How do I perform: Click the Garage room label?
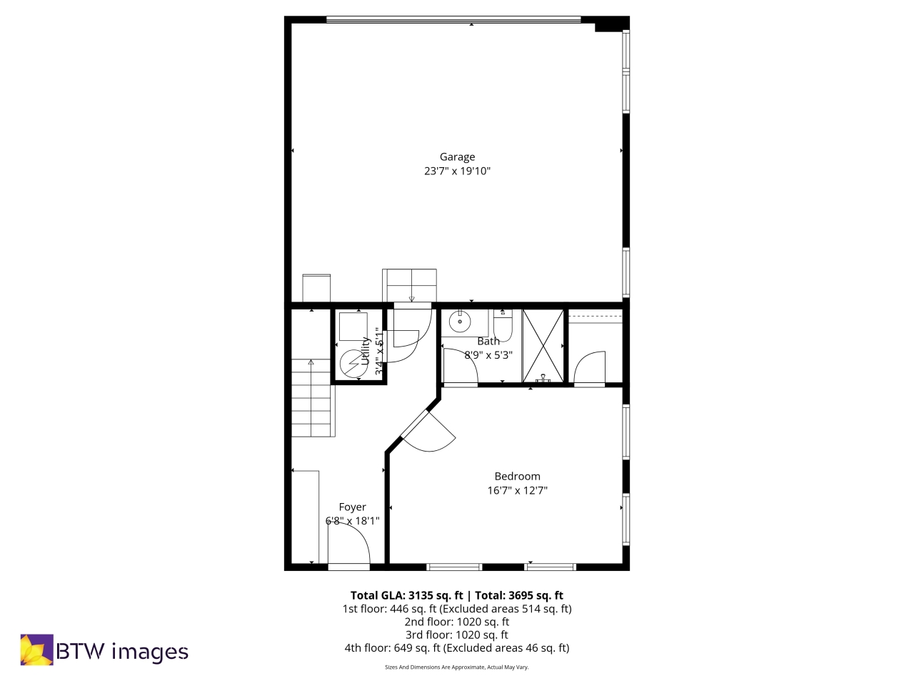click(x=457, y=157)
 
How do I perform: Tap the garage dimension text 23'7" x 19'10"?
click(x=457, y=171)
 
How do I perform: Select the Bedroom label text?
click(x=517, y=477)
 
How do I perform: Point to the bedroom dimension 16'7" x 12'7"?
click(x=517, y=491)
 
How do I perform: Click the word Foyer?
click(x=352, y=507)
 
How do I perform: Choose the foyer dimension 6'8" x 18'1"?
click(x=352, y=521)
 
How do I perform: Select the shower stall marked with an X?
click(x=543, y=346)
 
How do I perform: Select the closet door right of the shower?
click(x=590, y=368)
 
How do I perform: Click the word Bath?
click(x=488, y=342)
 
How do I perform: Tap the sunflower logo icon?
click(x=36, y=650)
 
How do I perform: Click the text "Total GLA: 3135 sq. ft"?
click(x=406, y=595)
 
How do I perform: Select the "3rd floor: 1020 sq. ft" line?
click(x=457, y=635)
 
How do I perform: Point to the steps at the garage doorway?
click(x=409, y=285)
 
